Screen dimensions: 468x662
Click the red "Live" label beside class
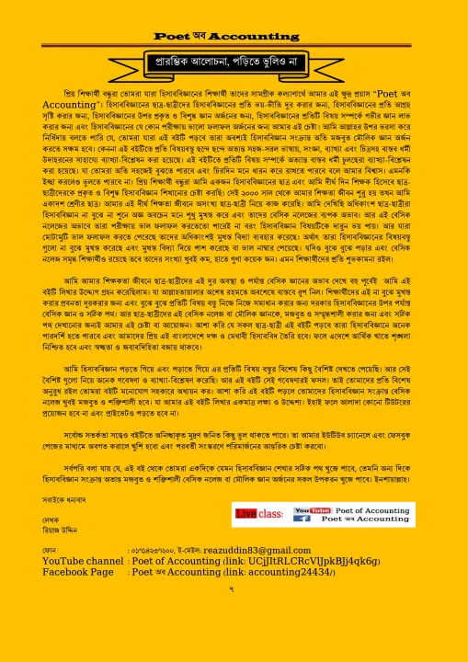(245, 513)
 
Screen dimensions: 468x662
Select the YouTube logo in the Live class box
(303, 508)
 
